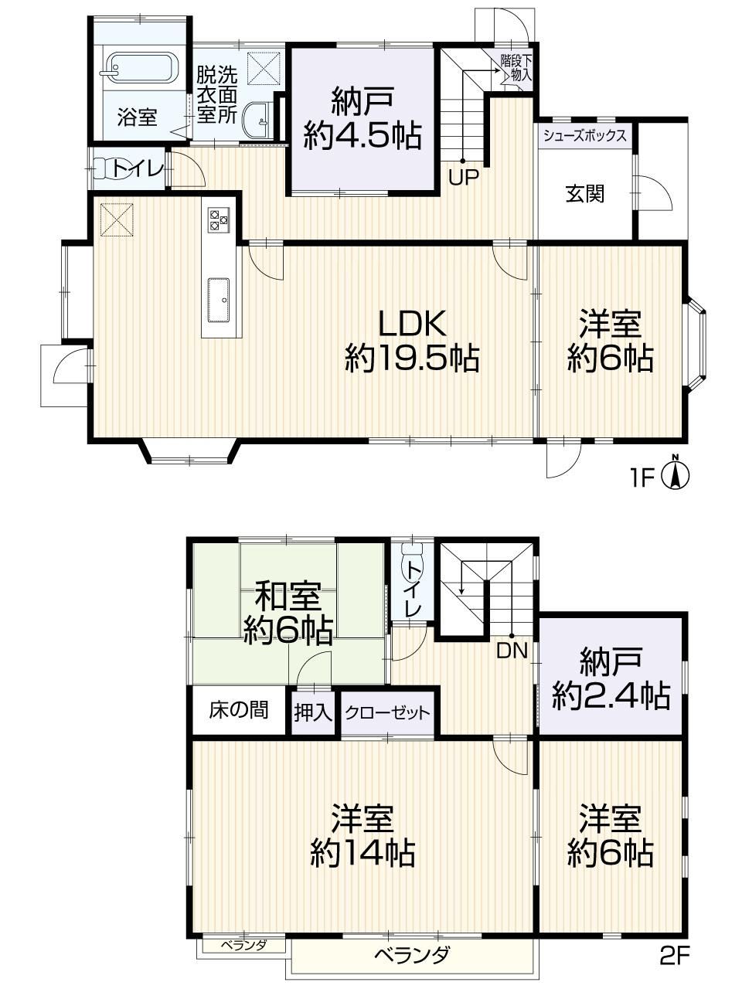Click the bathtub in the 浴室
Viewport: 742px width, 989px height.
(x=140, y=69)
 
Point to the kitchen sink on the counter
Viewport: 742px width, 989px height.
(x=219, y=300)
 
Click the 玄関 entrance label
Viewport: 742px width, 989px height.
(x=585, y=194)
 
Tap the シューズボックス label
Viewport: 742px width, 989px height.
(x=584, y=135)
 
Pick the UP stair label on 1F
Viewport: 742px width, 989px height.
(x=463, y=177)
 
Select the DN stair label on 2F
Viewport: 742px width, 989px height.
(x=512, y=651)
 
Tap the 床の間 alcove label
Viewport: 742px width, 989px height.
(x=238, y=711)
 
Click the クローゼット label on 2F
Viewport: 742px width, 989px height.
(x=387, y=713)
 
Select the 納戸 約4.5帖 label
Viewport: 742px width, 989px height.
(x=362, y=120)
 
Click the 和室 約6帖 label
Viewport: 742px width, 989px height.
(x=288, y=613)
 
